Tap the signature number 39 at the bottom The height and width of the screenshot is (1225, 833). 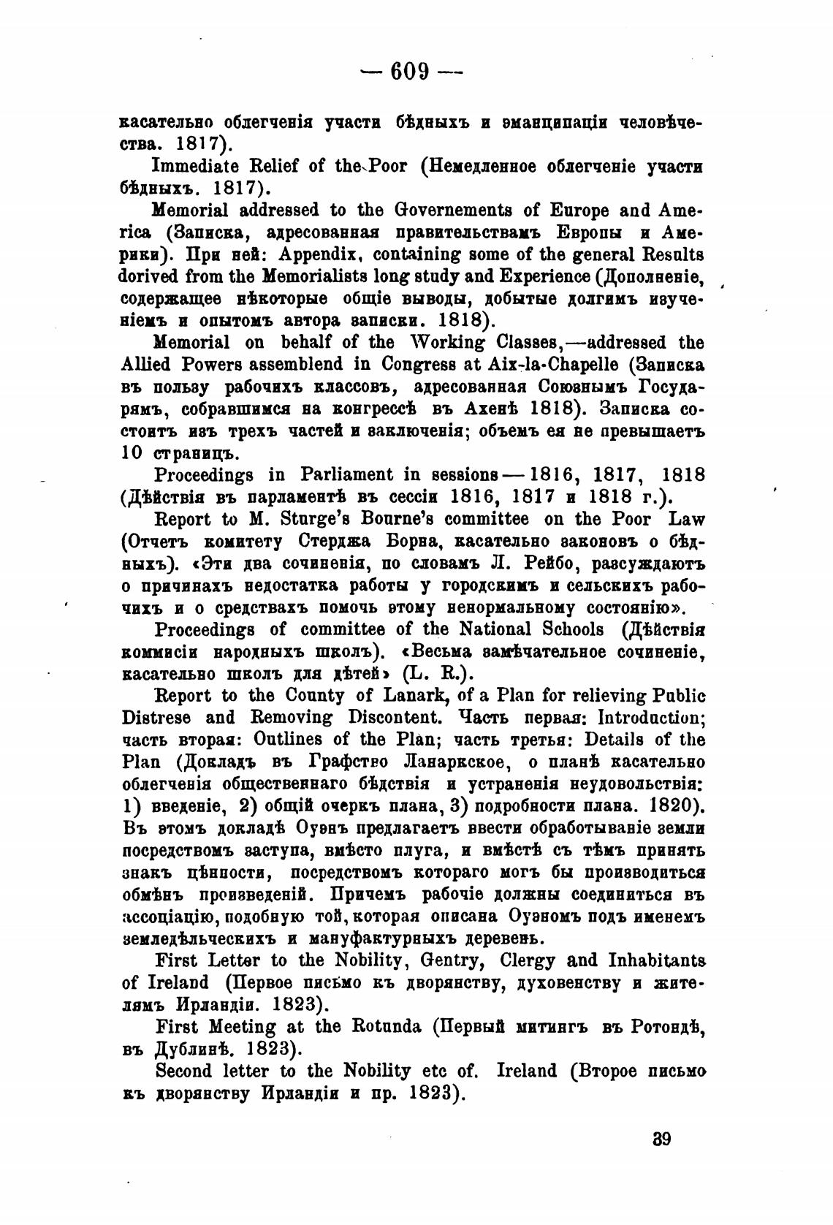(x=661, y=1139)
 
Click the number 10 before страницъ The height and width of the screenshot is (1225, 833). (x=131, y=453)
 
